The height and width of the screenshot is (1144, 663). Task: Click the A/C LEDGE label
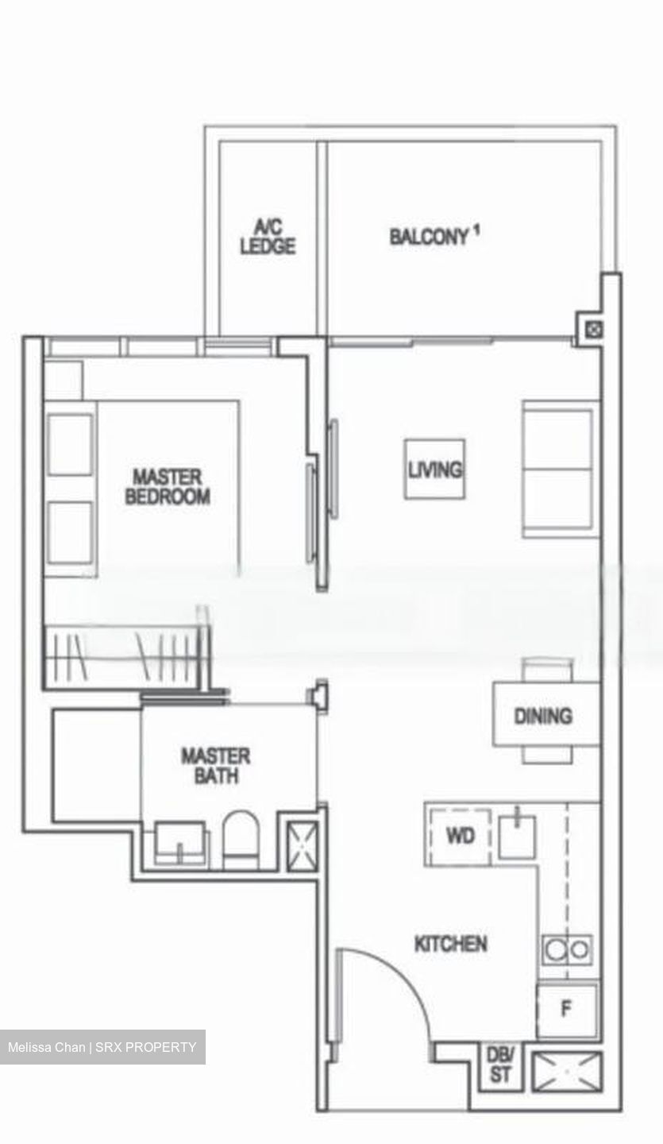(x=268, y=238)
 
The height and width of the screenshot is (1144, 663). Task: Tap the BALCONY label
(x=429, y=237)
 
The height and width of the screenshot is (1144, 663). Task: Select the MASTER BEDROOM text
(x=168, y=487)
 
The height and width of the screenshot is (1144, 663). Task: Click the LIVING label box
(x=434, y=470)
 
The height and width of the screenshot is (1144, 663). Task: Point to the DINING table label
(x=543, y=716)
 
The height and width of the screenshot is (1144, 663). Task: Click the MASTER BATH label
(x=215, y=765)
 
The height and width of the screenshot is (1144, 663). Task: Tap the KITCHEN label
(x=451, y=944)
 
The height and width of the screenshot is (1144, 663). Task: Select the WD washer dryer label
(x=460, y=836)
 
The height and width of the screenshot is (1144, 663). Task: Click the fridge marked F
(x=566, y=1010)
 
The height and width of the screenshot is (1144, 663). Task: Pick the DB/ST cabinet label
(x=500, y=1065)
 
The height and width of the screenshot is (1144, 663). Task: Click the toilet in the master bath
(x=241, y=841)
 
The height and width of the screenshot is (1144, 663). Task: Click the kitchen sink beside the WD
(x=517, y=835)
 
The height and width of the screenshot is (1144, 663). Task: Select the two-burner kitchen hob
(x=567, y=949)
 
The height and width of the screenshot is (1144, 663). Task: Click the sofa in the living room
(x=559, y=469)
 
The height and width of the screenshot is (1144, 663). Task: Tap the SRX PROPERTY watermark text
(x=145, y=1047)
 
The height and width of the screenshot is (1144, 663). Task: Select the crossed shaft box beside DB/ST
(x=566, y=1072)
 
